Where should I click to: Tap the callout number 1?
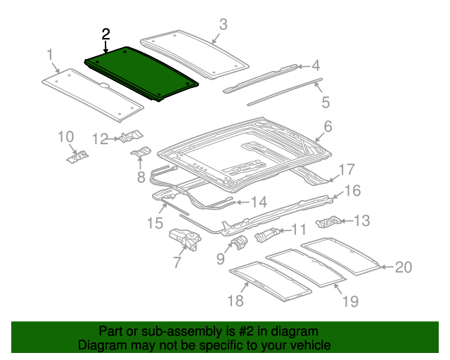point(50,54)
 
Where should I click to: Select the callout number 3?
point(223,25)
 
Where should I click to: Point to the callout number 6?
point(327,127)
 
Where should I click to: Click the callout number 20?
point(403,267)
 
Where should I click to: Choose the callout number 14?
point(259,202)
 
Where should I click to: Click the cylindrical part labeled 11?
point(267,233)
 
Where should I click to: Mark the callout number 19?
point(350,302)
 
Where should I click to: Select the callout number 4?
point(316,66)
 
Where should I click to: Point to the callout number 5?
point(326,103)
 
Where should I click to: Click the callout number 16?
point(351,191)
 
